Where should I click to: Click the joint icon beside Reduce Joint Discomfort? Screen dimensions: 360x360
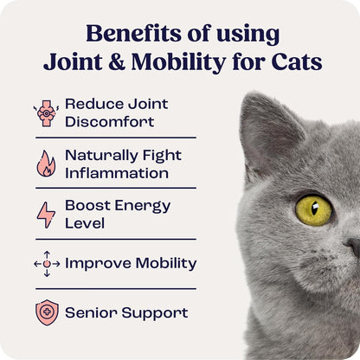[46, 112]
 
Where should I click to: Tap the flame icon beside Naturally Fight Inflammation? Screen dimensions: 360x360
[46, 164]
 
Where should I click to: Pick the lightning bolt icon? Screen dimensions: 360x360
[46, 214]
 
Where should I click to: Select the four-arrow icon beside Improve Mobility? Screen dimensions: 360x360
[46, 263]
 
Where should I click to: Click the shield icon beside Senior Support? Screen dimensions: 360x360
[46, 312]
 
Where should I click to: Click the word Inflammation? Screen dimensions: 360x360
[116, 172]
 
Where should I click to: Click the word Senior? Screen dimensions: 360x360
[91, 312]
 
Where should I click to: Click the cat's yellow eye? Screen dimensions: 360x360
[312, 209]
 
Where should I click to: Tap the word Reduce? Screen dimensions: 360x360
[92, 104]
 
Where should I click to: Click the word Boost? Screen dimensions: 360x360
[87, 206]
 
